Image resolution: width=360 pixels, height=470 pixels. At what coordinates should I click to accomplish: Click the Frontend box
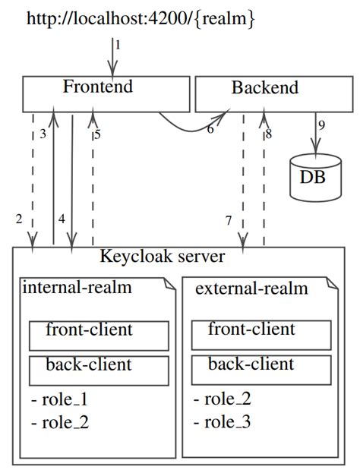106,94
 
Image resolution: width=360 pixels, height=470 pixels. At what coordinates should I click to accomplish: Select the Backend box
274,94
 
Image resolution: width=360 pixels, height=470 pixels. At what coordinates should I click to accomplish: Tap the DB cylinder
316,178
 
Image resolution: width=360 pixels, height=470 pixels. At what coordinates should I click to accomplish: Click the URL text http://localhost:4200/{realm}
141,18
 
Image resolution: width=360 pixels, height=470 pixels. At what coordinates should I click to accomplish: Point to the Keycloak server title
163,257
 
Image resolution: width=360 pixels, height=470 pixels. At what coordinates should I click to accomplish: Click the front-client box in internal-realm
99,336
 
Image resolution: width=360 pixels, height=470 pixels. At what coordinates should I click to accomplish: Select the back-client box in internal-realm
99,371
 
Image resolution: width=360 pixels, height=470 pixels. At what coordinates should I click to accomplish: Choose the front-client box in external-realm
261,335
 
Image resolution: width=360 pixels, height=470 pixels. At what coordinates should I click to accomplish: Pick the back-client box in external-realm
261,370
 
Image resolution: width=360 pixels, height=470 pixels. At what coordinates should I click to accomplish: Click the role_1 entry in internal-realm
59,399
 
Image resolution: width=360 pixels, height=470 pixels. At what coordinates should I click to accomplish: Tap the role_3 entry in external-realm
222,421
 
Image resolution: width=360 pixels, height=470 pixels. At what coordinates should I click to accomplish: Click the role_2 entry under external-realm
222,399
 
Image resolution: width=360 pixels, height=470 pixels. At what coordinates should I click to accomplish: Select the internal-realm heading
77,287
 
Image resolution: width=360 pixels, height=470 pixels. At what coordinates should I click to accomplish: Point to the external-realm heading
251,289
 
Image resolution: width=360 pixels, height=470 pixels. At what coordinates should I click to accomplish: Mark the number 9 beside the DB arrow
321,125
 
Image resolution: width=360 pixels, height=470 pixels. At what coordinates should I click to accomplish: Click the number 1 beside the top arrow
118,46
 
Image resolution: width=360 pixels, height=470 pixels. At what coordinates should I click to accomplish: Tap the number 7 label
229,220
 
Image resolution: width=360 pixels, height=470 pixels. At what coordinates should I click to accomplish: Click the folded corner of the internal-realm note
169,284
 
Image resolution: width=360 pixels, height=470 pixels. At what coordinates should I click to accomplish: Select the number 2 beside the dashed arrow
19,219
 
